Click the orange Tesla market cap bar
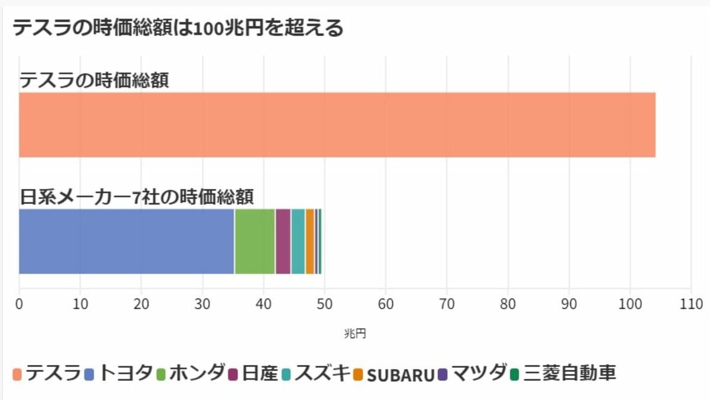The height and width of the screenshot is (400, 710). click(337, 124)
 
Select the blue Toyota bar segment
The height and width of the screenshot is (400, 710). click(127, 241)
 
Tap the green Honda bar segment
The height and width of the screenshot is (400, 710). click(255, 241)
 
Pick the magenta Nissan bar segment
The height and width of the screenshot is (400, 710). click(283, 241)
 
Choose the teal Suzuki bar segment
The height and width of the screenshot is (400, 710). click(298, 241)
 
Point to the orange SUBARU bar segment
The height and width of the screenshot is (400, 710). click(309, 241)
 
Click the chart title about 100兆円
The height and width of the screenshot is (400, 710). click(177, 28)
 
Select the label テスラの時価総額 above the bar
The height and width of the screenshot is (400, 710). click(95, 79)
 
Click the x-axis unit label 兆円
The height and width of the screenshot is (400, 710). click(355, 334)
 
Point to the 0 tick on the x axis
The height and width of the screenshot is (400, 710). click(20, 304)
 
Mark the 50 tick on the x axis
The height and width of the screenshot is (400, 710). click(324, 304)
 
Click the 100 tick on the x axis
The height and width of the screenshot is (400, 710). click(630, 304)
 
